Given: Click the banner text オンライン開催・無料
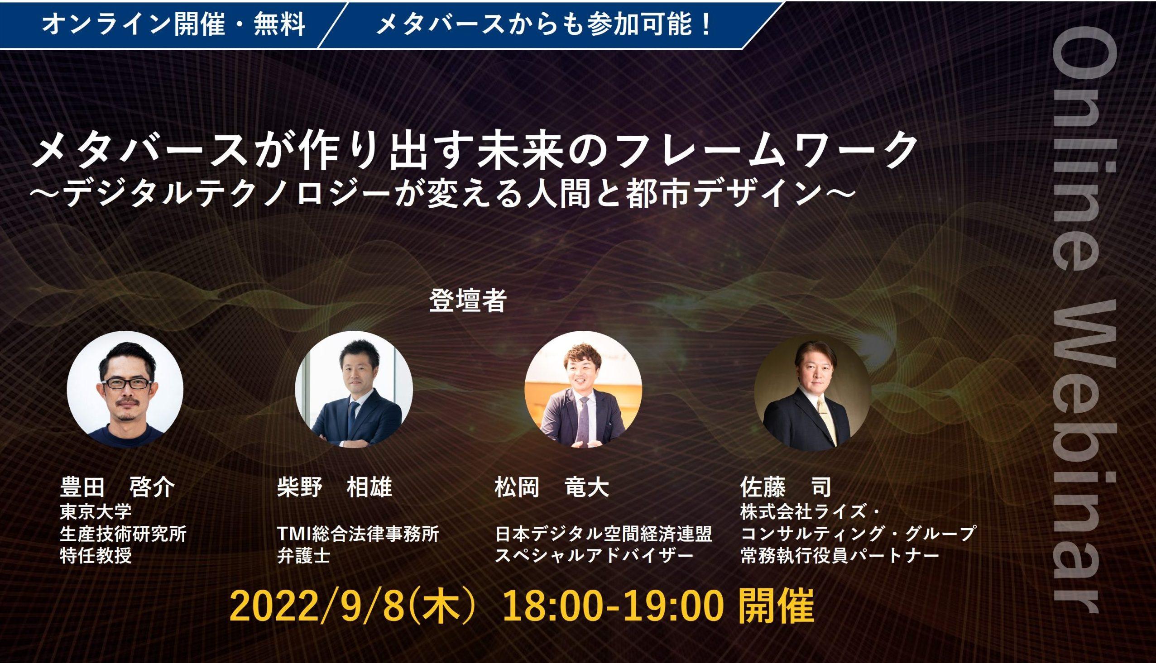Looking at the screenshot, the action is pyautogui.click(x=173, y=24).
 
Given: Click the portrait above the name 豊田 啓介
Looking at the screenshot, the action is pyautogui.click(x=125, y=389).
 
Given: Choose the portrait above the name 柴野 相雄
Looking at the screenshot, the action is pyautogui.click(x=354, y=389).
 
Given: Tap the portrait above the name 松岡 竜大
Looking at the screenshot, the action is pyautogui.click(x=583, y=389).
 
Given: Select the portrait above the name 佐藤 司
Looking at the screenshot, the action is pyautogui.click(x=813, y=392).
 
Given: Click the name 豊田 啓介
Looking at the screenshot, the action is pyautogui.click(x=117, y=488).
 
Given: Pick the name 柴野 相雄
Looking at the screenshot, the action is pyautogui.click(x=335, y=488).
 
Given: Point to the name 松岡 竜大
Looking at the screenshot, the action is pyautogui.click(x=552, y=488).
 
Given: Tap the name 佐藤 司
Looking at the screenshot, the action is pyautogui.click(x=786, y=488).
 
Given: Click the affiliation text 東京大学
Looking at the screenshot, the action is pyautogui.click(x=96, y=511).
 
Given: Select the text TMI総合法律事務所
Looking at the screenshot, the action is pyautogui.click(x=358, y=534).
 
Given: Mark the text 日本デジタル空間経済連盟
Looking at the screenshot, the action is pyautogui.click(x=604, y=534).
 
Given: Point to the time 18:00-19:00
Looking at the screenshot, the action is pyautogui.click(x=613, y=607).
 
